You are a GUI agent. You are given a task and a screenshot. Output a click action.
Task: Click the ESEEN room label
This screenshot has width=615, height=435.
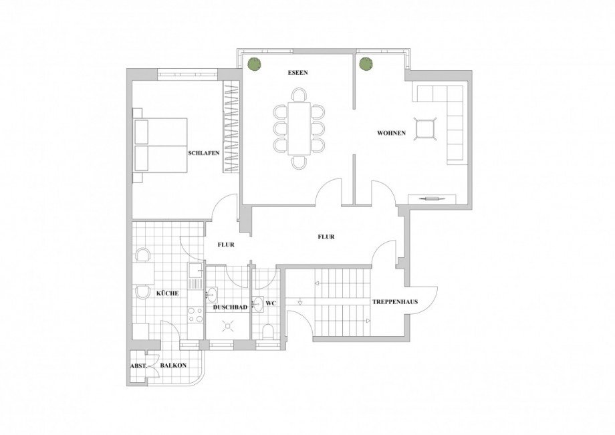click(298, 73)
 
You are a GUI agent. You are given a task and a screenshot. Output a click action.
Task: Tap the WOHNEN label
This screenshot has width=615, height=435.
click(392, 133)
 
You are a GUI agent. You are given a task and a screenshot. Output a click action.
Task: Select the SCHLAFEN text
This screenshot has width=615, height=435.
click(204, 153)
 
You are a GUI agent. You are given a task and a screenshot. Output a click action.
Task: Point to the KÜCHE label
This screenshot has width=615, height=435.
click(166, 293)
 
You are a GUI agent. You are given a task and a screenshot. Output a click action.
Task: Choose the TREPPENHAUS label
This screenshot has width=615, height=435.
click(396, 302)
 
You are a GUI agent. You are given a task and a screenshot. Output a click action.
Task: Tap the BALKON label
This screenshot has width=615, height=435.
click(173, 366)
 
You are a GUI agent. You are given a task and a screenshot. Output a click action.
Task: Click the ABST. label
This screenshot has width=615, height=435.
click(138, 366)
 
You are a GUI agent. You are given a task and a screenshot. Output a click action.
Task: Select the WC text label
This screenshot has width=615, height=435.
click(271, 304)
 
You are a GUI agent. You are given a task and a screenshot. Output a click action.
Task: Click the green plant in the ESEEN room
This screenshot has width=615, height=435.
click(254, 65)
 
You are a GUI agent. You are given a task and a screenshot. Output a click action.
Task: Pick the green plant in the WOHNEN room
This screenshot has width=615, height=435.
click(365, 65)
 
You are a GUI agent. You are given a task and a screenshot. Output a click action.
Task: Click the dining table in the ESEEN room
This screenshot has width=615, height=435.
click(299, 127)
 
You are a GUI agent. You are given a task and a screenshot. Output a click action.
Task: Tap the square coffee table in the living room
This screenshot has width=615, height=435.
click(424, 128)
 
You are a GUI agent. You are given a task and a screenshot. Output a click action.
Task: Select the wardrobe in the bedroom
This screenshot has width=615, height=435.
click(231, 128)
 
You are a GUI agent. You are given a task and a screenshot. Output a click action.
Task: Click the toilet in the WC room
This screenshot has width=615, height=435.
click(268, 331)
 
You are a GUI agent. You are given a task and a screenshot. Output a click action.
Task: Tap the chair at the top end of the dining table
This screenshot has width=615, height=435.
click(299, 96)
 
